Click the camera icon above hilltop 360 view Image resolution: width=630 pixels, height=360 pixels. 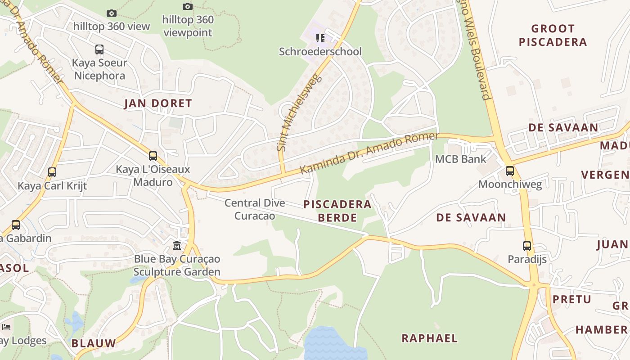point(112,13)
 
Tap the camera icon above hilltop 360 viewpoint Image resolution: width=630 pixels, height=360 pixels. point(188,7)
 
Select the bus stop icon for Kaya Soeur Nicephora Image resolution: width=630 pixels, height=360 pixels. point(99,49)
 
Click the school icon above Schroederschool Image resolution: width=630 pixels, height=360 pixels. point(320,38)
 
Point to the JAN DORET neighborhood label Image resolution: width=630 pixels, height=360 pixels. point(158,103)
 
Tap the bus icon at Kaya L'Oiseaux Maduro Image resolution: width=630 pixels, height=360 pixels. point(153,156)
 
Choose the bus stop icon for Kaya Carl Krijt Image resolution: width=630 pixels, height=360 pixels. point(52,172)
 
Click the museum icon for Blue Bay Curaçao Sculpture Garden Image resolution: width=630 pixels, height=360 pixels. point(177,246)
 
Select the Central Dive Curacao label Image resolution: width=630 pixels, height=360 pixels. point(255,209)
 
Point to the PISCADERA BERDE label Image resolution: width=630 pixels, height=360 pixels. point(337,211)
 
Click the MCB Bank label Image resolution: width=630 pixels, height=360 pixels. point(460,159)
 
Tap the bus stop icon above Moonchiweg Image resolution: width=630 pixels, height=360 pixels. point(509,171)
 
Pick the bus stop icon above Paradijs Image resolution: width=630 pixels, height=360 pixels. point(527,246)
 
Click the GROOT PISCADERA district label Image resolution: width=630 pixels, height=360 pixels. point(553,36)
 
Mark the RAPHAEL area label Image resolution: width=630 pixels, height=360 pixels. point(429,338)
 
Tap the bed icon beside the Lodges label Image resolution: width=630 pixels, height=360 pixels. point(6,327)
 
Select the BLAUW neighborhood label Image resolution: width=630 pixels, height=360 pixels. point(94,343)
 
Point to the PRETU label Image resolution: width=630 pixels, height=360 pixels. point(571,299)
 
